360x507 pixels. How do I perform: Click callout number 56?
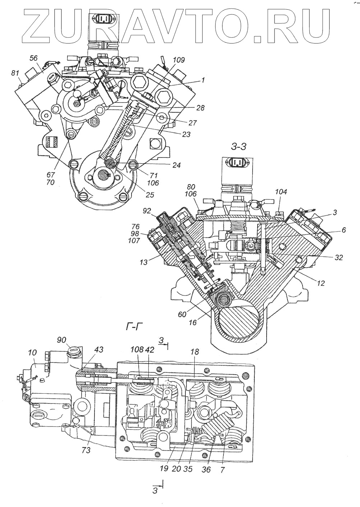pyautogui.click(x=33, y=58)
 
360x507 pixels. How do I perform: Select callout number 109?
pyautogui.click(x=179, y=60)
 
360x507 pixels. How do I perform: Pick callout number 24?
pyautogui.click(x=176, y=165)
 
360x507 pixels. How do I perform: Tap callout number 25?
pyautogui.click(x=150, y=195)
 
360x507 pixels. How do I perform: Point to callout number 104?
pyautogui.click(x=281, y=192)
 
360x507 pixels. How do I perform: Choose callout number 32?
pyautogui.click(x=338, y=257)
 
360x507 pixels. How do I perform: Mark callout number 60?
pyautogui.click(x=183, y=315)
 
